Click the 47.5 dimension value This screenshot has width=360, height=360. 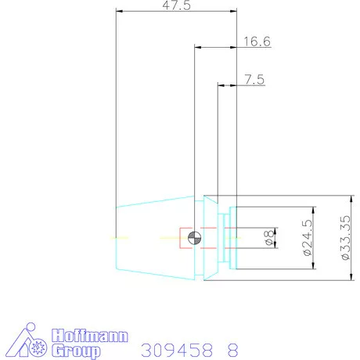point(176,5)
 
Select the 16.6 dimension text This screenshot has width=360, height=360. point(257,41)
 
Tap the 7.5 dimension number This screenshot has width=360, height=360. point(254,79)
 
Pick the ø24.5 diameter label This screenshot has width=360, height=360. point(306,239)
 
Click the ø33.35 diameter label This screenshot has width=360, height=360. point(344,238)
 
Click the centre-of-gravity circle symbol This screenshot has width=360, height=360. point(195,237)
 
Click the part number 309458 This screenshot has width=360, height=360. point(172,348)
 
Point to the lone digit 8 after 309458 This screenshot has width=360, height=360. point(231,348)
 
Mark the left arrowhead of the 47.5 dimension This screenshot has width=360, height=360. point(119,11)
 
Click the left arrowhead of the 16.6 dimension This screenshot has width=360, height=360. point(197,48)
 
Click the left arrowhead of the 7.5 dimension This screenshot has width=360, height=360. point(221,85)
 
